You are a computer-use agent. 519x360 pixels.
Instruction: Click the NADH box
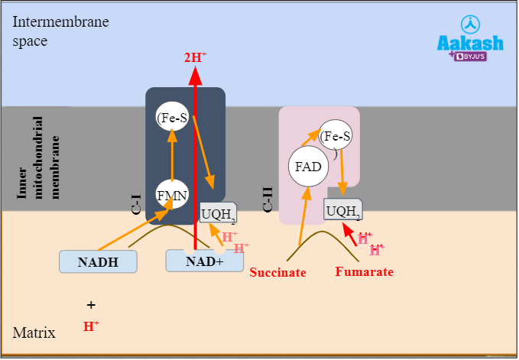pyautogui.click(x=98, y=261)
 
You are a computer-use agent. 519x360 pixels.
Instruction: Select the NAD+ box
pyautogui.click(x=204, y=261)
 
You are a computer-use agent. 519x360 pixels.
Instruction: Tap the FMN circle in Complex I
pyautogui.click(x=172, y=194)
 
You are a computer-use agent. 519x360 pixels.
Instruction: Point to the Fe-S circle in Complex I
pyautogui.click(x=172, y=118)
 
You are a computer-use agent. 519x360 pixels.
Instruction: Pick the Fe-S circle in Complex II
pyautogui.click(x=336, y=137)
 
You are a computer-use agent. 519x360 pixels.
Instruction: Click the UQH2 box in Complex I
pyautogui.click(x=218, y=214)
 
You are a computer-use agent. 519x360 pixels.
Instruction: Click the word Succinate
pyautogui.click(x=278, y=272)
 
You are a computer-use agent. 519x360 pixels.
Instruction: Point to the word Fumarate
pyautogui.click(x=365, y=271)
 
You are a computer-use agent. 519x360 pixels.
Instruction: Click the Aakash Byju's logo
pyautogui.click(x=469, y=39)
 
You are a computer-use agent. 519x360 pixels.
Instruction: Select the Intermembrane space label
pyautogui.click(x=60, y=31)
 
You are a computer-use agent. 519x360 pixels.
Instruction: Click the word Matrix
pyautogui.click(x=34, y=332)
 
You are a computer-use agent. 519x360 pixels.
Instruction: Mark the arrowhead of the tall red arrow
pyautogui.click(x=195, y=76)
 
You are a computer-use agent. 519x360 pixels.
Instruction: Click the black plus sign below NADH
pyautogui.click(x=91, y=304)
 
